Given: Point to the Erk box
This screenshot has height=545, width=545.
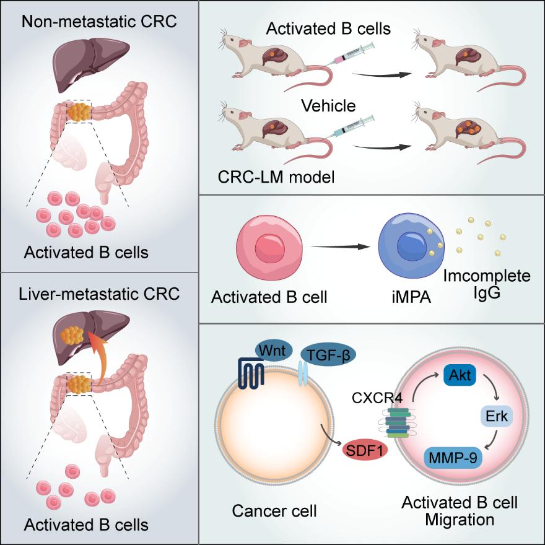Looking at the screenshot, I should [497, 417].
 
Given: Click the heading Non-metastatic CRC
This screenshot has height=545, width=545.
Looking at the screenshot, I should [99, 21].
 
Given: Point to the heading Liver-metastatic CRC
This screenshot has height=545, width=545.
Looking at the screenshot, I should [99, 294].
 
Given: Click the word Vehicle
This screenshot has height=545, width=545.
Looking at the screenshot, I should [328, 106].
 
